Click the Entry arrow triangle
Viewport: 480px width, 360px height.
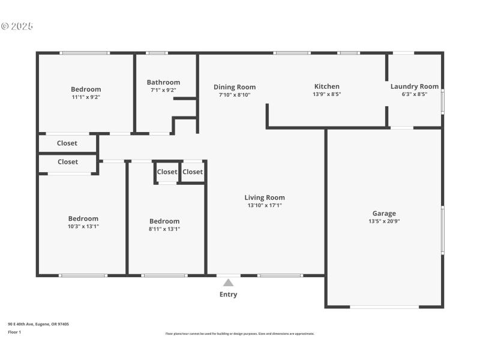click(228, 283)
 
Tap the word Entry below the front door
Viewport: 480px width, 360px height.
click(228, 295)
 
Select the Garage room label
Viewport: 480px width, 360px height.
click(384, 214)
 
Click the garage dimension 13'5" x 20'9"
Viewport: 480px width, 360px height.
click(384, 221)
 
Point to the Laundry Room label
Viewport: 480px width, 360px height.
click(415, 86)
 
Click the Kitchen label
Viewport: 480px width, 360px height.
click(326, 86)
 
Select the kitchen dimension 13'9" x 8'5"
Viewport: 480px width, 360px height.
click(326, 94)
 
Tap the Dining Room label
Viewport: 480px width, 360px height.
click(235, 87)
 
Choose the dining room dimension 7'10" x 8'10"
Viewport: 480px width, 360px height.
click(235, 95)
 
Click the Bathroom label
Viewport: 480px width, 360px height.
click(163, 82)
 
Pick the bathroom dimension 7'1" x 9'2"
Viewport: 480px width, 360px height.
click(163, 91)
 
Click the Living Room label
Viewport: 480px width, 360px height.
click(265, 197)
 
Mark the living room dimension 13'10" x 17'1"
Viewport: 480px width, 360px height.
click(265, 205)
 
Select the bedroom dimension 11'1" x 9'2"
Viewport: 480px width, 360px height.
click(86, 97)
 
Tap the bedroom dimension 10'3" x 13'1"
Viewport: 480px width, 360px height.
click(83, 226)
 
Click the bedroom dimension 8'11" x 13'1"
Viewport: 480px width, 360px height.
click(164, 229)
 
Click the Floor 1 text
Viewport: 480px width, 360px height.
click(14, 332)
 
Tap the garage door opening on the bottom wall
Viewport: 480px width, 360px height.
click(384, 307)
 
